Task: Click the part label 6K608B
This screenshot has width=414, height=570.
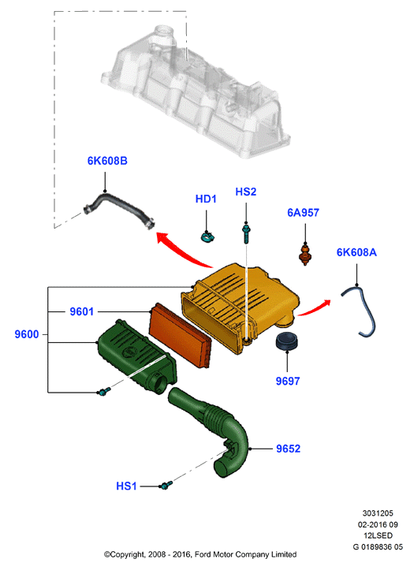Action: pos(107,161)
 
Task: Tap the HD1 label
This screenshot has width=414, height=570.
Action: pos(206,199)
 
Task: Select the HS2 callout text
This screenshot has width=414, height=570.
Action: pos(246,192)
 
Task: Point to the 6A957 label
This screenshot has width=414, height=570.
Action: pos(303,213)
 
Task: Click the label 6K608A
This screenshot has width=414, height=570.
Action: pos(356,252)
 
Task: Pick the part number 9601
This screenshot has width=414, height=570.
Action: pos(82,311)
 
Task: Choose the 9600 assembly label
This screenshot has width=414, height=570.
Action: pos(27,334)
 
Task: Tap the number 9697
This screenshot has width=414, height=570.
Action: pos(288,381)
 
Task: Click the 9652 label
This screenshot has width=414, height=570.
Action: pos(289,449)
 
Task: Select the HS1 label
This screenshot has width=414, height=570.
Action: pos(126,486)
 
